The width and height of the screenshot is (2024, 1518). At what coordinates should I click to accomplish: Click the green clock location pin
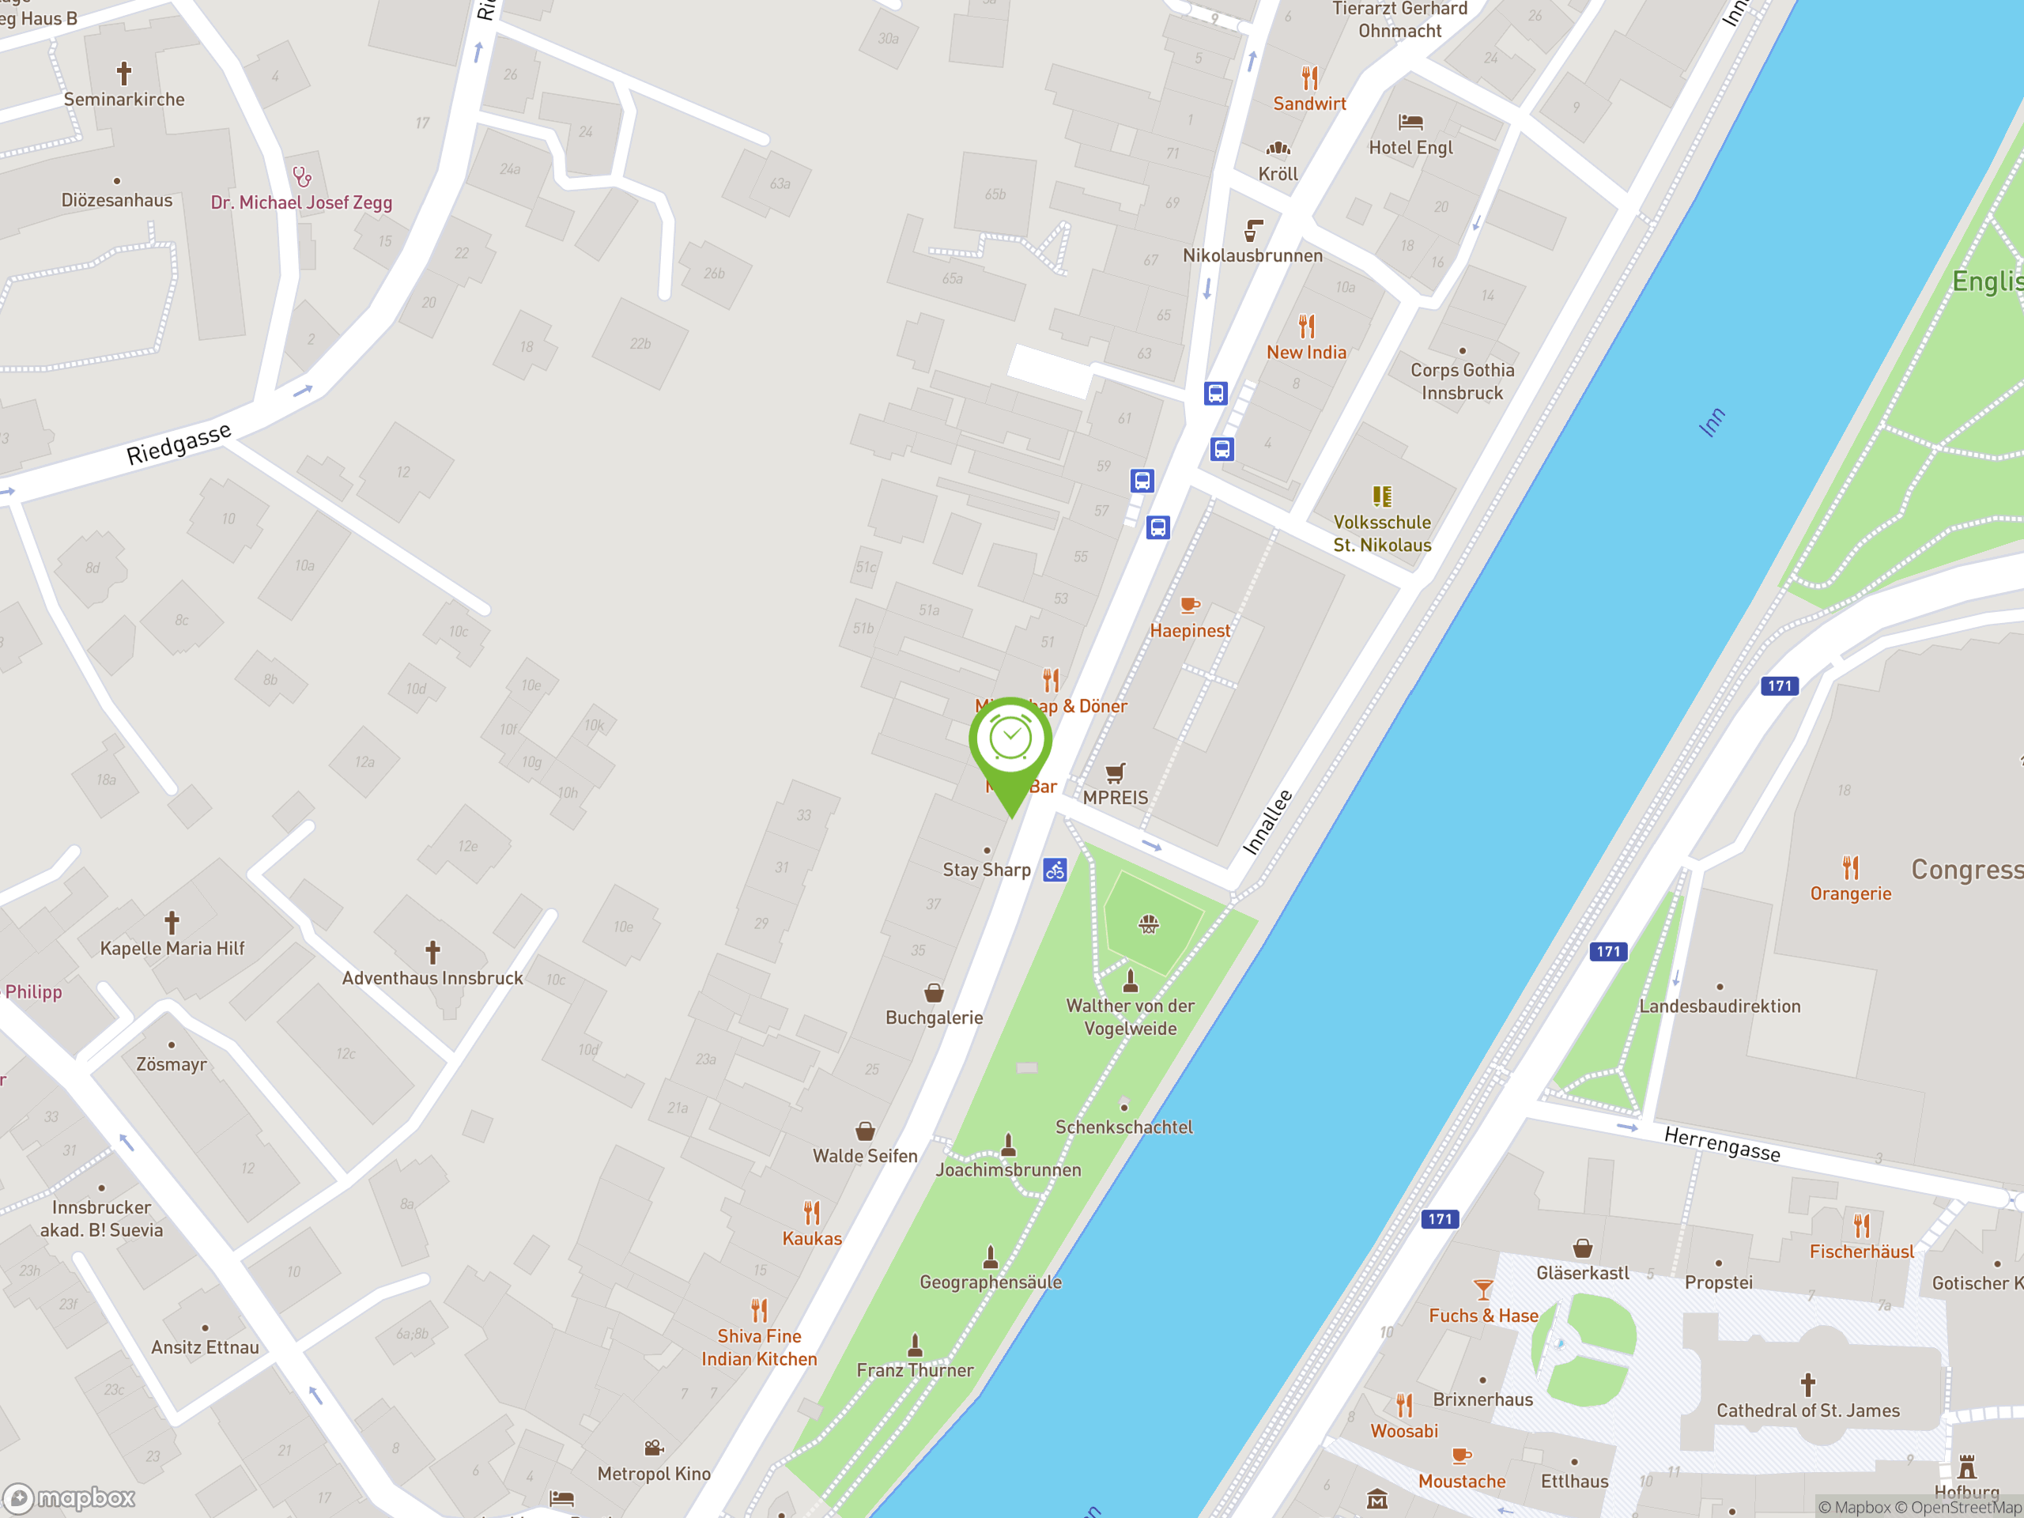pos(1010,741)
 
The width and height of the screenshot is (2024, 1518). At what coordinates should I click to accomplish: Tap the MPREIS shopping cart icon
pos(1115,774)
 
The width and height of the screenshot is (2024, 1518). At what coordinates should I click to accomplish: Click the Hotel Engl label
pos(1410,147)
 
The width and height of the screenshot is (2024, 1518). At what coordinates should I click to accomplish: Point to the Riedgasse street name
pos(179,444)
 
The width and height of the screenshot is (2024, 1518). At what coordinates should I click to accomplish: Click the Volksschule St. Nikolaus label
pos(1382,534)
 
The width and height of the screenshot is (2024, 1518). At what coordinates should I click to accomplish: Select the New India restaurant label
pos(1306,353)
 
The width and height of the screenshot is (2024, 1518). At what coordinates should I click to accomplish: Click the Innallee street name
pos(1267,821)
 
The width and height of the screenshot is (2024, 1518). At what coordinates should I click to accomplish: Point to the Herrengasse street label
pos(1722,1144)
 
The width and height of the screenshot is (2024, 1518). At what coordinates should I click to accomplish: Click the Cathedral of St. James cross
pos(1807,1384)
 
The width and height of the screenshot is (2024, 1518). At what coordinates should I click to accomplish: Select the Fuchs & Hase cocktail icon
pos(1483,1290)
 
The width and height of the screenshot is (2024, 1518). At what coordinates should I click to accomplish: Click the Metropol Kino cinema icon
pos(653,1448)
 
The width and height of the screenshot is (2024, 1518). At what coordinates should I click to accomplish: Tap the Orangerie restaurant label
pos(1850,894)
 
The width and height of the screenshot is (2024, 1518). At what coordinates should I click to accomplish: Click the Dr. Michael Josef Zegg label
pos(302,202)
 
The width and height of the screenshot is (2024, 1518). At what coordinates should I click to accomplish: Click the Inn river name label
pos(1712,423)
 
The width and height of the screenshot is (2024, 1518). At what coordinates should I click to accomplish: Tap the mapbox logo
pos(70,1498)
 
